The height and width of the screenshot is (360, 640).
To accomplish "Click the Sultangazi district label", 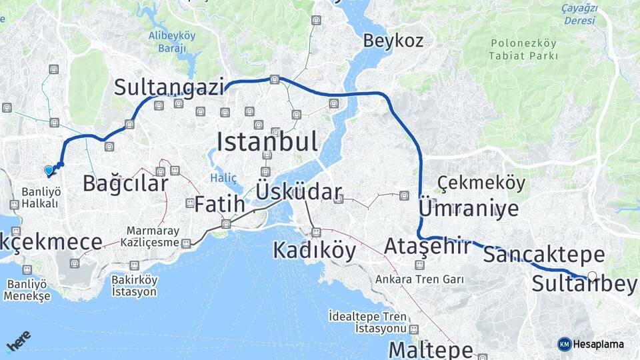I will point(169,87).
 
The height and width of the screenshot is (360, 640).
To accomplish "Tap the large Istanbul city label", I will point(267,141).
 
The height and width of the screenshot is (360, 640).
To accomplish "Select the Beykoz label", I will point(393,41).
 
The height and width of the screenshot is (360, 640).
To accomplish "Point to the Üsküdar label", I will point(299,193).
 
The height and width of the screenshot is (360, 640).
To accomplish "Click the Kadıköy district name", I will point(315,251).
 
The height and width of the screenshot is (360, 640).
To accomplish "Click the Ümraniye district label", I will point(468,209).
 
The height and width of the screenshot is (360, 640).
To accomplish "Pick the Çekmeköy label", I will point(481,183).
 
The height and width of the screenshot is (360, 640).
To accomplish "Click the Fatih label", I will point(219,205).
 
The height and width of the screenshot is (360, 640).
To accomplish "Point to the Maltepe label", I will point(431,349).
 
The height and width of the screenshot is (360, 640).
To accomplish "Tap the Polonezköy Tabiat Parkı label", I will point(523,50).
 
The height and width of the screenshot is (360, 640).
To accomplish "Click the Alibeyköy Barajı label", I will point(172,41).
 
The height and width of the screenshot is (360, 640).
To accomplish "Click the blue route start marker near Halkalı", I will point(49,171).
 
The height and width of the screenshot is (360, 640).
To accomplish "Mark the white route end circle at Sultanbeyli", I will point(592,275).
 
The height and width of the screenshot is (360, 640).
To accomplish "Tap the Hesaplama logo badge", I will point(591,344).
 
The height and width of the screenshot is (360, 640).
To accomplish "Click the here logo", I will point(19,342).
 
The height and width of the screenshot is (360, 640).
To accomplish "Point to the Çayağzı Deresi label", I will point(579,14).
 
